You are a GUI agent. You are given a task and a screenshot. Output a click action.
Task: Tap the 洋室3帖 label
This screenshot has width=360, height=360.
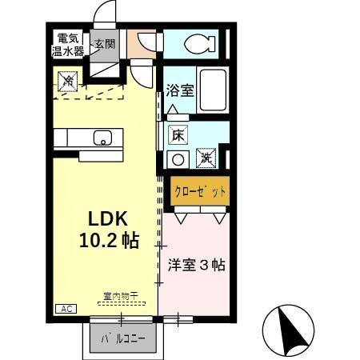tap(196, 264)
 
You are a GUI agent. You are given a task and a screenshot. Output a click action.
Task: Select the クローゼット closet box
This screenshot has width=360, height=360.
tap(200, 192)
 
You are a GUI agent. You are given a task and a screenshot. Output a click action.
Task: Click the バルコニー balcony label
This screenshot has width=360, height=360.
tap(122, 338)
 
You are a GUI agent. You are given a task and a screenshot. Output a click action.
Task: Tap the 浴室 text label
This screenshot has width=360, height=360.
tap(179, 90)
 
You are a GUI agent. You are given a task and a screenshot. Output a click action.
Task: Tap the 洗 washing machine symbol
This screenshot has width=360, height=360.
tap(205, 158)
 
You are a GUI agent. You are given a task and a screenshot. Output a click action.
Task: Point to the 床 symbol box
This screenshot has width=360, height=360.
tap(178, 136)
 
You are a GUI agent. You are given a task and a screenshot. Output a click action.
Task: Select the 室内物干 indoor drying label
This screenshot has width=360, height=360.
tap(120, 296)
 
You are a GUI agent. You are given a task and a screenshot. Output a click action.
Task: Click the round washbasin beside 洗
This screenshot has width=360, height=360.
tap(178, 158)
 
